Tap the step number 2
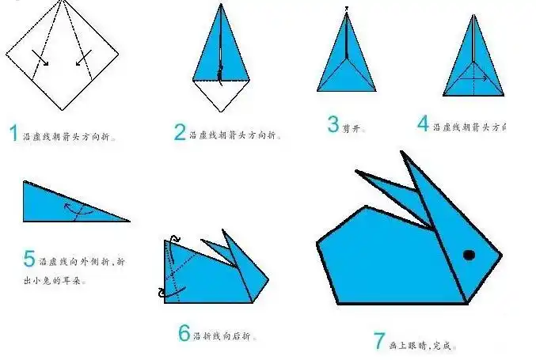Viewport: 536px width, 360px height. (x=180, y=133)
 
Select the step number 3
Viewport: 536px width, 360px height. (x=333, y=123)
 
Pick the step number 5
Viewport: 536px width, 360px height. (x=29, y=260)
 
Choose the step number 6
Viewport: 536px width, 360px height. (x=184, y=334)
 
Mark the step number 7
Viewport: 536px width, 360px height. (x=379, y=342)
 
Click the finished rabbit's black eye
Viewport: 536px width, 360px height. (x=469, y=255)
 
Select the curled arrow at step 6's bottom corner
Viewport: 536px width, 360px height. (x=165, y=293)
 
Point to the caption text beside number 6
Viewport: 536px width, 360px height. (x=226, y=336)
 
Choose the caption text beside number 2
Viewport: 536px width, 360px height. (x=235, y=135)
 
